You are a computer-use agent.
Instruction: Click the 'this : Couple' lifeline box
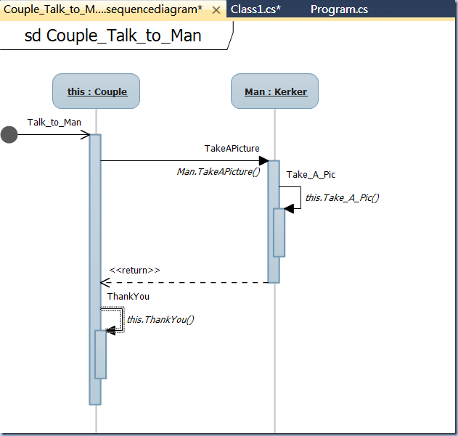click(x=96, y=91)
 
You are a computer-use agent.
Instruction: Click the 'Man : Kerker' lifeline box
click(x=274, y=91)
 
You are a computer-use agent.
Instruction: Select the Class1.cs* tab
click(x=255, y=9)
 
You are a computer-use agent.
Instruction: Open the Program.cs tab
click(x=339, y=9)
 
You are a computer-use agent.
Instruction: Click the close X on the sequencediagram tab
click(x=216, y=10)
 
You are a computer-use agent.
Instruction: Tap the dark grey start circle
click(x=9, y=134)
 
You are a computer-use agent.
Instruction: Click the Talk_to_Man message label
click(x=54, y=122)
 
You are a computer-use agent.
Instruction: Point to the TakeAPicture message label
click(x=232, y=148)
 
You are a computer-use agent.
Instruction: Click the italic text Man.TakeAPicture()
click(x=218, y=172)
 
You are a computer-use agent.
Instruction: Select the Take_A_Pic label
click(x=311, y=174)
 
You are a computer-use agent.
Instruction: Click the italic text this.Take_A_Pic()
click(x=342, y=197)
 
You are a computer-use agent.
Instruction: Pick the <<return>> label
click(x=135, y=270)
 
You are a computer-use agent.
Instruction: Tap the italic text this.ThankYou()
click(x=161, y=319)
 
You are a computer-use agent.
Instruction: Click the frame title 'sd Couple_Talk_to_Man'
click(x=113, y=36)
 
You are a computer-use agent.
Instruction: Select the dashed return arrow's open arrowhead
click(x=106, y=282)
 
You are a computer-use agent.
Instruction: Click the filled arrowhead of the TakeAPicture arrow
click(x=263, y=161)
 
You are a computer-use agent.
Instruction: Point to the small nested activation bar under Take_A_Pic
click(x=279, y=232)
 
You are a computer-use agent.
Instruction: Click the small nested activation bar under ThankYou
click(x=101, y=354)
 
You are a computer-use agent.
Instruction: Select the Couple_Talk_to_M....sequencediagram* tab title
click(x=103, y=9)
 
